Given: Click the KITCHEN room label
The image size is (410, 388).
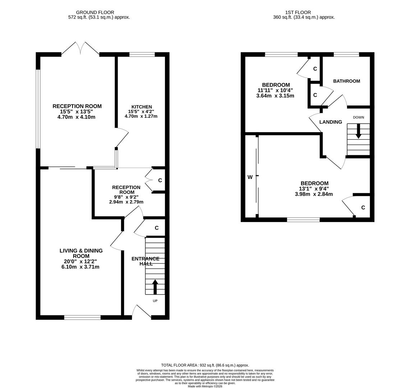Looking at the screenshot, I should click(142, 107).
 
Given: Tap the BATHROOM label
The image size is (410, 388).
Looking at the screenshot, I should click(346, 81).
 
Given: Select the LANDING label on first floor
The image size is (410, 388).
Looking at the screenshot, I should click(331, 122).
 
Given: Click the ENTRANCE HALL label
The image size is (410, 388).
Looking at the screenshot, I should click(146, 261).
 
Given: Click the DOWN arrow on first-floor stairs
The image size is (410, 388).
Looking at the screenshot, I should click(358, 131).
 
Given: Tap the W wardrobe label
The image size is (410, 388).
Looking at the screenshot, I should click(250, 177).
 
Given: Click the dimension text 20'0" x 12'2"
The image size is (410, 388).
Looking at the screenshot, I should click(80, 262).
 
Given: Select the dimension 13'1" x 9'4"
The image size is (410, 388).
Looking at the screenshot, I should click(314, 189).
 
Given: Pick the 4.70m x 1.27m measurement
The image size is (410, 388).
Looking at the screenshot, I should click(141, 116).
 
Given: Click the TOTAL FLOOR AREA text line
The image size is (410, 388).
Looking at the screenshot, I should click(205, 365).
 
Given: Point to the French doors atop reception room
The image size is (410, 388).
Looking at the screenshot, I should click(80, 48).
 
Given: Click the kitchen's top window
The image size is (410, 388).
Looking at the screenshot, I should click(142, 55).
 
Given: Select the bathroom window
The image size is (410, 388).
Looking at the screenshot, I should click(346, 55).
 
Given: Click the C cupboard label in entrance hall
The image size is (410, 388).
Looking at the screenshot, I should click(157, 228).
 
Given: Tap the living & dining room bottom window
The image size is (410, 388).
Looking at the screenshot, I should click(82, 317).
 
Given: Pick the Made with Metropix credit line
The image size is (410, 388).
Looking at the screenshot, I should click(205, 386).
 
